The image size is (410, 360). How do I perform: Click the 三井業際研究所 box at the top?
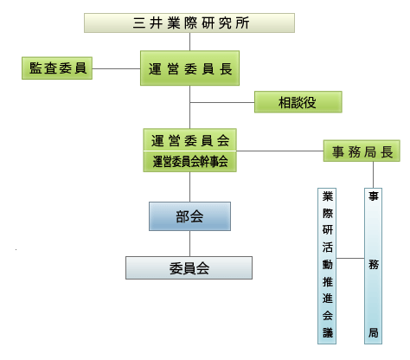(x=189, y=22)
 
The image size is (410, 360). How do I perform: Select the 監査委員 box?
(x=57, y=68)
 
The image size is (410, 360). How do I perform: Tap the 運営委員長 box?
(x=189, y=68)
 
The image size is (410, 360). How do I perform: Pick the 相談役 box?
(x=298, y=102)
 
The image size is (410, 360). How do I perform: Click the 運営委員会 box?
(x=189, y=140)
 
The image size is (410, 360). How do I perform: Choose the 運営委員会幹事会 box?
(x=189, y=162)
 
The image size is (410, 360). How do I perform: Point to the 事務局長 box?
(x=362, y=151)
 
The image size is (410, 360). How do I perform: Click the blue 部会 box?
(x=189, y=216)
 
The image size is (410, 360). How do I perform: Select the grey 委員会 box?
(x=189, y=268)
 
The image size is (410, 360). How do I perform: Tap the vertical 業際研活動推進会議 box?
(x=327, y=266)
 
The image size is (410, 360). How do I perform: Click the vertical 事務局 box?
(x=373, y=266)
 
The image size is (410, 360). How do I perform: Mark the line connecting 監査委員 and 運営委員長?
(x=116, y=68)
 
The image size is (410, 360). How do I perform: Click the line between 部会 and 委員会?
(x=189, y=244)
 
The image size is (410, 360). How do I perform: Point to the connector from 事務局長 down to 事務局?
(x=373, y=175)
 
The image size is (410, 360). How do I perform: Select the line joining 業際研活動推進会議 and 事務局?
(x=350, y=258)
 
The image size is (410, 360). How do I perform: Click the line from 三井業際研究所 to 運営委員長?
(x=189, y=42)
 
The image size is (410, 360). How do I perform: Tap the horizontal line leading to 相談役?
(x=222, y=102)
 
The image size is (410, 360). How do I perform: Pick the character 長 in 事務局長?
(x=387, y=151)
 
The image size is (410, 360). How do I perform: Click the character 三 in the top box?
(x=139, y=22)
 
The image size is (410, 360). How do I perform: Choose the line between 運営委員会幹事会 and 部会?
(x=189, y=187)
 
